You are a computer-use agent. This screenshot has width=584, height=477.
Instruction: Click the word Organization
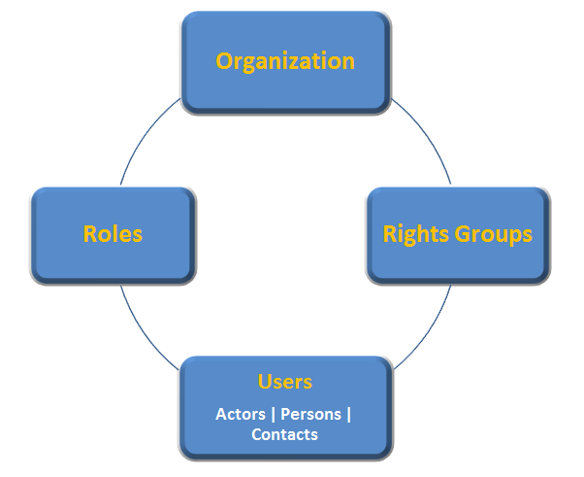pyautogui.click(x=285, y=61)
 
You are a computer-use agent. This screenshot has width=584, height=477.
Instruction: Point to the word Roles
pyautogui.click(x=113, y=234)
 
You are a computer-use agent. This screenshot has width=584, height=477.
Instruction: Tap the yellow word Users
pyautogui.click(x=285, y=382)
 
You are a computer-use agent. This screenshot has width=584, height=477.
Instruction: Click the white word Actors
pyautogui.click(x=241, y=414)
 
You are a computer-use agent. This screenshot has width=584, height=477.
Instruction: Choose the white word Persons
pyautogui.click(x=310, y=414)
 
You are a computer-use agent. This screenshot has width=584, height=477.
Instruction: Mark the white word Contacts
pyautogui.click(x=284, y=434)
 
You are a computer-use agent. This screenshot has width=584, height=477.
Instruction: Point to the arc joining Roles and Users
pyautogui.click(x=142, y=329)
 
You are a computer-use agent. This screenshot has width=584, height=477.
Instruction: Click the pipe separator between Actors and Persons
pyautogui.click(x=273, y=415)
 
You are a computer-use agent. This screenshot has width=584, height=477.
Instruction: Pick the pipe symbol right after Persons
pyautogui.click(x=348, y=415)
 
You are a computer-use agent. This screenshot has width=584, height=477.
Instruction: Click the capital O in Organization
pyautogui.click(x=224, y=61)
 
